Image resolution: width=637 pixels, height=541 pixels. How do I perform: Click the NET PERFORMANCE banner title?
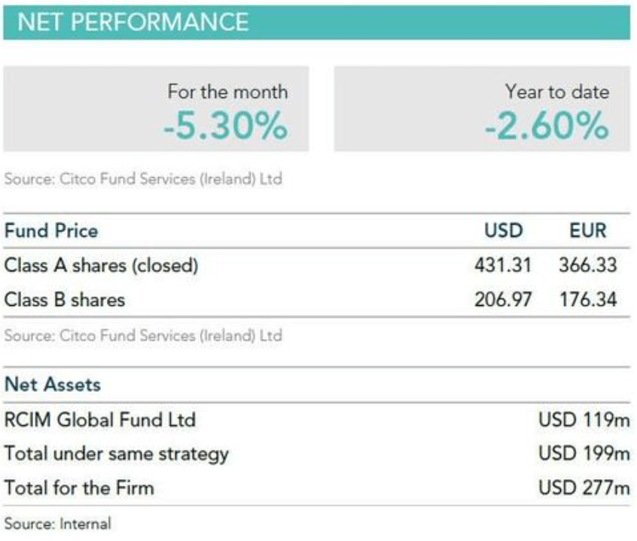coord(133,22)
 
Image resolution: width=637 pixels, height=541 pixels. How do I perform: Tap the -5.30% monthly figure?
coord(225,126)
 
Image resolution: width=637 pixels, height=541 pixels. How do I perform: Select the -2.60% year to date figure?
coord(547,126)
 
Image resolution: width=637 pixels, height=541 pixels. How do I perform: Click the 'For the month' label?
coord(228,91)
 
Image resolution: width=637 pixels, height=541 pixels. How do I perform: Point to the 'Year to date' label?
coord(557,91)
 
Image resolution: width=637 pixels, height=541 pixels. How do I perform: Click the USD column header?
coord(503,231)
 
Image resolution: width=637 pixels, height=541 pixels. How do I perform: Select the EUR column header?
coord(588,231)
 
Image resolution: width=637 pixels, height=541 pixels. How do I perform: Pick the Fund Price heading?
coord(51,231)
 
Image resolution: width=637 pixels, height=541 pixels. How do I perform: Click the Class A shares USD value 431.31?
coord(503,265)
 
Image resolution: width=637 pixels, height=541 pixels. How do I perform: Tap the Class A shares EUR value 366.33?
coord(588,265)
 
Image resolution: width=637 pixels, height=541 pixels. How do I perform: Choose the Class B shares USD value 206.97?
coord(503,300)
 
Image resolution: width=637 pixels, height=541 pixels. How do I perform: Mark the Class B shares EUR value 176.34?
coord(588,300)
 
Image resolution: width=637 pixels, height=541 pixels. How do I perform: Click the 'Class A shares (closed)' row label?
coord(101,265)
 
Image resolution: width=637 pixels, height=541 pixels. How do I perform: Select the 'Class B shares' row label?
coord(65,300)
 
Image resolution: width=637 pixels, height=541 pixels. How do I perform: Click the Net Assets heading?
coord(53,384)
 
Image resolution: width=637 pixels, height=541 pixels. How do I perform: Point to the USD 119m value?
coord(584,420)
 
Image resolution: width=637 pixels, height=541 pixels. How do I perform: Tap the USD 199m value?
coord(584,453)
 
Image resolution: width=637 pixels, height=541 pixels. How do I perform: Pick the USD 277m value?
coord(584,488)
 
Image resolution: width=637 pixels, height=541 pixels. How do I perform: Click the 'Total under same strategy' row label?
coord(117,454)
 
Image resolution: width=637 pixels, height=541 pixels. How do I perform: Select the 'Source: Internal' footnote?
coord(58,524)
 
